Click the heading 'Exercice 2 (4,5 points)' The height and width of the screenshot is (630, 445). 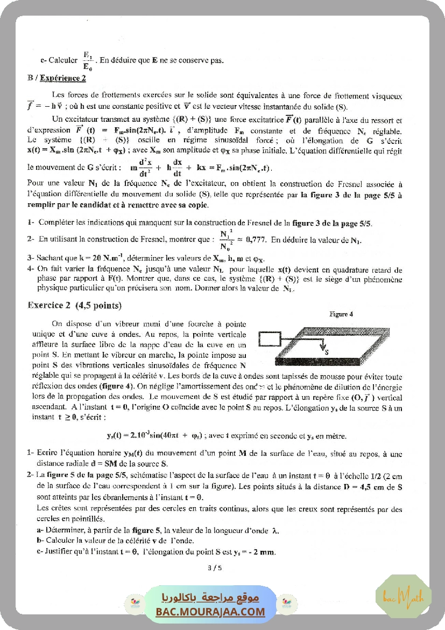tap(74, 306)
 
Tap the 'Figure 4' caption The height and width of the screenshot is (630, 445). tap(341, 314)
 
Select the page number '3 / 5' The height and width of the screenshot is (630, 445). tap(214, 567)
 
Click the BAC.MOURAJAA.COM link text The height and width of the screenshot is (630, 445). tap(210, 612)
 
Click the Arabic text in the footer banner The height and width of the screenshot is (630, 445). tap(210, 598)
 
